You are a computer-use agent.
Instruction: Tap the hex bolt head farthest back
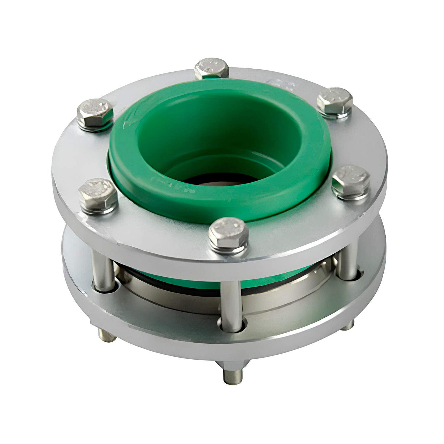212,68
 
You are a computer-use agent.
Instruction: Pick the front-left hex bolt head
98,195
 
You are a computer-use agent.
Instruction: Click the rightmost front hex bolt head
351,181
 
